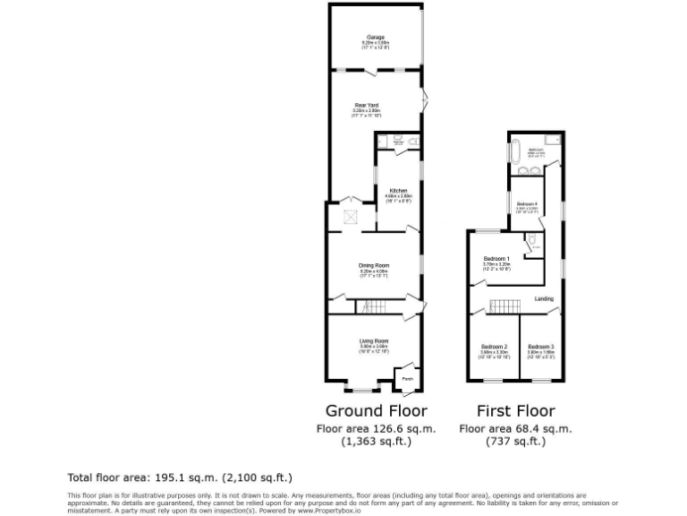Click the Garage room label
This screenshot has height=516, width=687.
(376, 38)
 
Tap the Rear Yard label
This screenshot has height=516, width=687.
(367, 106)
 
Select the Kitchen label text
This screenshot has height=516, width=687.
(398, 190)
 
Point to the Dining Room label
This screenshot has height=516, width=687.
(374, 265)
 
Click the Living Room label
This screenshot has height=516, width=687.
(374, 340)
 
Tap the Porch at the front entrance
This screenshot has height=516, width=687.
(407, 379)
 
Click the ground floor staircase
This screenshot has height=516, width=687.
(373, 306)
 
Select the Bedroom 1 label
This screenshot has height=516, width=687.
(496, 259)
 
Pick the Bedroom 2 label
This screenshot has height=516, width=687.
(495, 347)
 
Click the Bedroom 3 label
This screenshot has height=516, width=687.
(540, 347)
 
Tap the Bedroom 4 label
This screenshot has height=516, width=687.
(527, 204)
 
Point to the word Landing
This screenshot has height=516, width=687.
(544, 298)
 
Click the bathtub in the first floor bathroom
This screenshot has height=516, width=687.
(517, 152)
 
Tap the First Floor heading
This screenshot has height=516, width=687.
(516, 411)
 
